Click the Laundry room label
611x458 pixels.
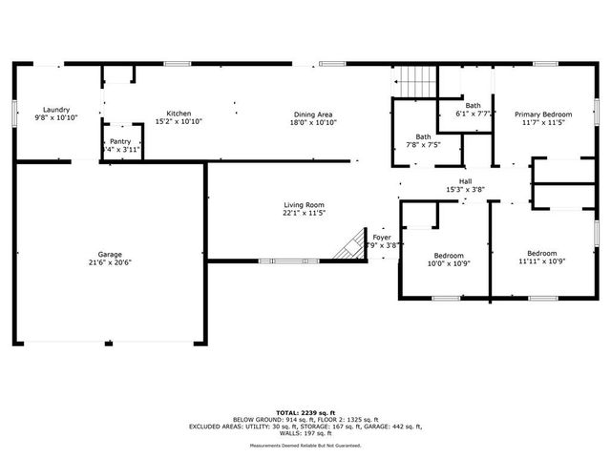(x=55, y=110)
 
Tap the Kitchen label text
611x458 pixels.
(x=179, y=113)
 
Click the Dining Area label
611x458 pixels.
(x=313, y=114)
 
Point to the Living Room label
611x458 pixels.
(x=304, y=204)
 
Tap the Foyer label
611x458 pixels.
(x=381, y=237)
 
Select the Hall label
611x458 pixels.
(x=465, y=180)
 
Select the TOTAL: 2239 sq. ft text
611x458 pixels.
(x=305, y=411)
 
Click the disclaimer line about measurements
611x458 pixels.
(x=305, y=446)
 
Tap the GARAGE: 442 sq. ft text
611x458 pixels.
(x=391, y=427)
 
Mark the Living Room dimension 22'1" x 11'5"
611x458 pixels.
(x=304, y=213)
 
